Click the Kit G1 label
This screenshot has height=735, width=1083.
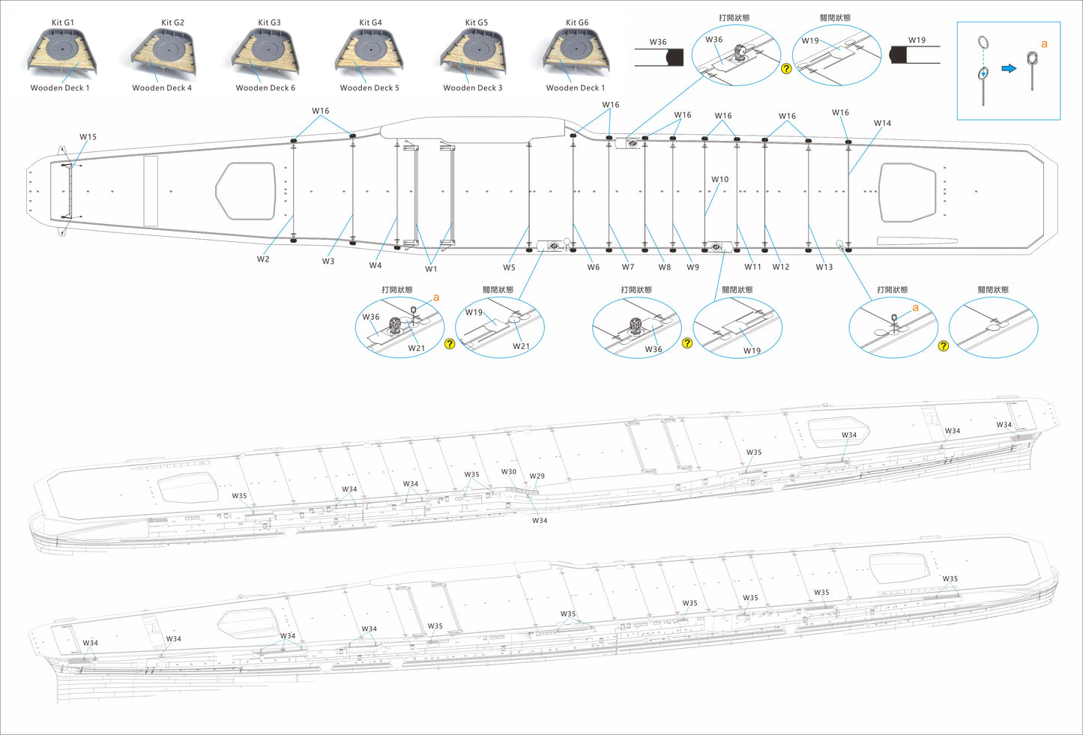pos(63,22)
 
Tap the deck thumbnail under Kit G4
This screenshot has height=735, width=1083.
pos(370,52)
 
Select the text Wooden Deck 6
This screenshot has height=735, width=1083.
pos(265,88)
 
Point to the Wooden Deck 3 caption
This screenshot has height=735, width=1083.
pos(472,88)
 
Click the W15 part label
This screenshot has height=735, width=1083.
pos(88,137)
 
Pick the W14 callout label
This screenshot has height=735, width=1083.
pos(882,123)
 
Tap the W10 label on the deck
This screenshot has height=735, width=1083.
pos(720,180)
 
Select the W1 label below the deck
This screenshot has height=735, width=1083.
pos(431,269)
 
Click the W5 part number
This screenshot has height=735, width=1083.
pos(509,267)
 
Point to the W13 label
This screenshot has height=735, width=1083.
pos(824,267)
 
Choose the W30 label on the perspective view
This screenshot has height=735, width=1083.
pos(509,472)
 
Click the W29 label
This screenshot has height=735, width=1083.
pos(537,477)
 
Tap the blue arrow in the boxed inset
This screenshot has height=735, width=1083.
pos(1009,68)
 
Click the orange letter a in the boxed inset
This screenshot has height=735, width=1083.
pos(1044,44)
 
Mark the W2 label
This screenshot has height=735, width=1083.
pos(263,259)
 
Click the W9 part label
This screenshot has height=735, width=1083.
pos(693,267)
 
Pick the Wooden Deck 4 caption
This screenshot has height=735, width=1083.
pos(162,88)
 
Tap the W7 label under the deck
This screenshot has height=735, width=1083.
pos(627,267)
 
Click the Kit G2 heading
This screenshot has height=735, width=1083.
pos(172,22)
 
